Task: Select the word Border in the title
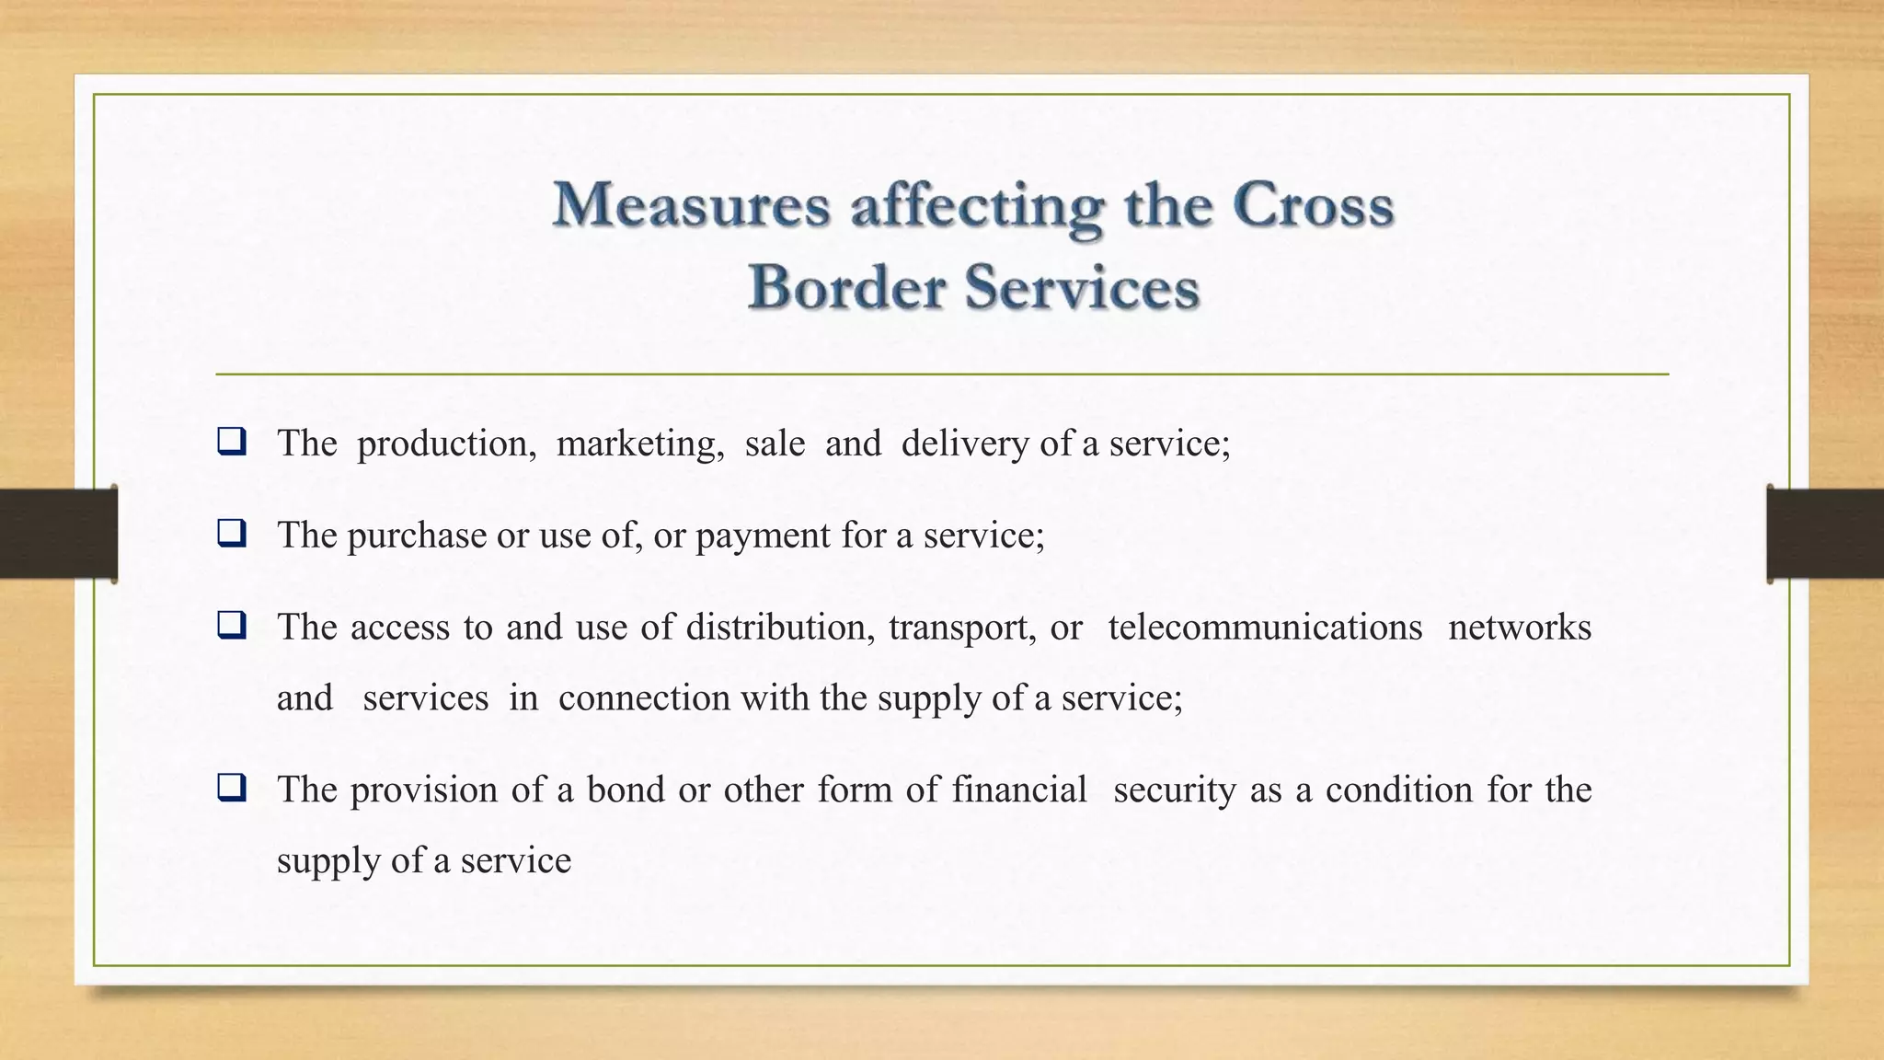(x=846, y=286)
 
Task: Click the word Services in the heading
(x=1082, y=286)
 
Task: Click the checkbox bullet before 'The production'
(x=231, y=442)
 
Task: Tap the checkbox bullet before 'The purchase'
(x=231, y=534)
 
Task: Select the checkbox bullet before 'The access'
(x=231, y=626)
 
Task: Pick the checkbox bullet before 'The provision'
(x=231, y=789)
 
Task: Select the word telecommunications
(x=1265, y=628)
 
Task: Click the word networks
(x=1519, y=628)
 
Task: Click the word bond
(x=626, y=789)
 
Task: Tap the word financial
(x=1019, y=789)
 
